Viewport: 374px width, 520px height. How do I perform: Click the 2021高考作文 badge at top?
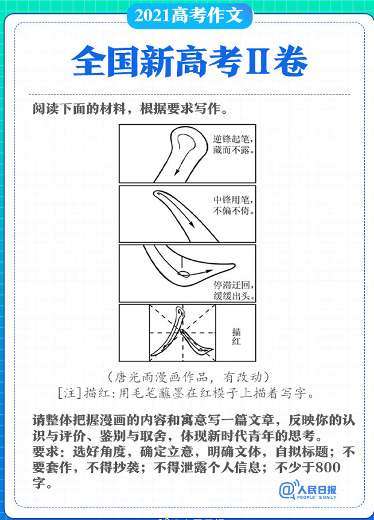tap(190, 16)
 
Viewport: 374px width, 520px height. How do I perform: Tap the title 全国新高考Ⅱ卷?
tap(190, 61)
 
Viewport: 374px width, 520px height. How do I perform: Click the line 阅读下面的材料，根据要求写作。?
tap(130, 109)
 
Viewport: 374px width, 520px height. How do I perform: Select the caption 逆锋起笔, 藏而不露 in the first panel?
tap(234, 144)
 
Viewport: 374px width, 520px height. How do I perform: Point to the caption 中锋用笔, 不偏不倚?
tap(234, 205)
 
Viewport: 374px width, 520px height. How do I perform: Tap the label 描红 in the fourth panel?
tap(237, 336)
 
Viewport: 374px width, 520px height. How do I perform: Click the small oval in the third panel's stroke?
tap(183, 274)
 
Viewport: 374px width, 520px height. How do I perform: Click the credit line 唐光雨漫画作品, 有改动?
tap(189, 377)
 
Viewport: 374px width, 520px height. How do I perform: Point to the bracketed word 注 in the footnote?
tap(69, 393)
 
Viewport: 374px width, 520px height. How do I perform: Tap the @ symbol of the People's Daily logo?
tap(287, 490)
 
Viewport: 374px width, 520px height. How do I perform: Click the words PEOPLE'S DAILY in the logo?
tap(317, 498)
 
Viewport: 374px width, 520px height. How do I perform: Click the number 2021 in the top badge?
tap(152, 16)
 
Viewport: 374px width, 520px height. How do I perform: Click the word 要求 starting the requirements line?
tap(46, 451)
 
